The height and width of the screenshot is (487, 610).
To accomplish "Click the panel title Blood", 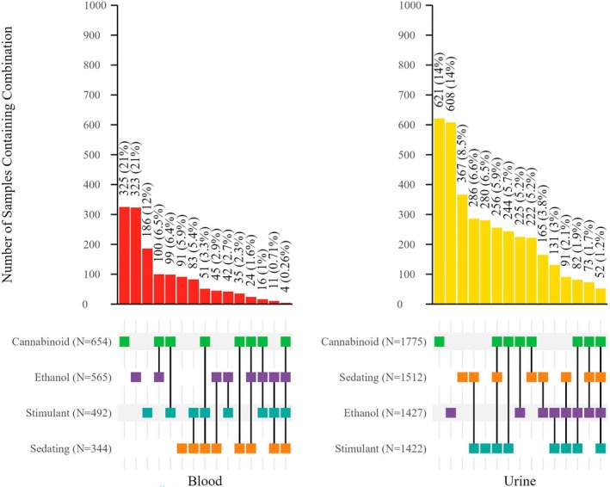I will [205, 479].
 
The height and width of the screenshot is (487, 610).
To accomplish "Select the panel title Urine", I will [520, 479].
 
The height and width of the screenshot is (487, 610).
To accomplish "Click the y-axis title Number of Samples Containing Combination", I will [9, 155].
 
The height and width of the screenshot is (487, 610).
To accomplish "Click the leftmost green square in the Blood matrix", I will [124, 342].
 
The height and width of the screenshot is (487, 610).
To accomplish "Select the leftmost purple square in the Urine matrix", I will [452, 412].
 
